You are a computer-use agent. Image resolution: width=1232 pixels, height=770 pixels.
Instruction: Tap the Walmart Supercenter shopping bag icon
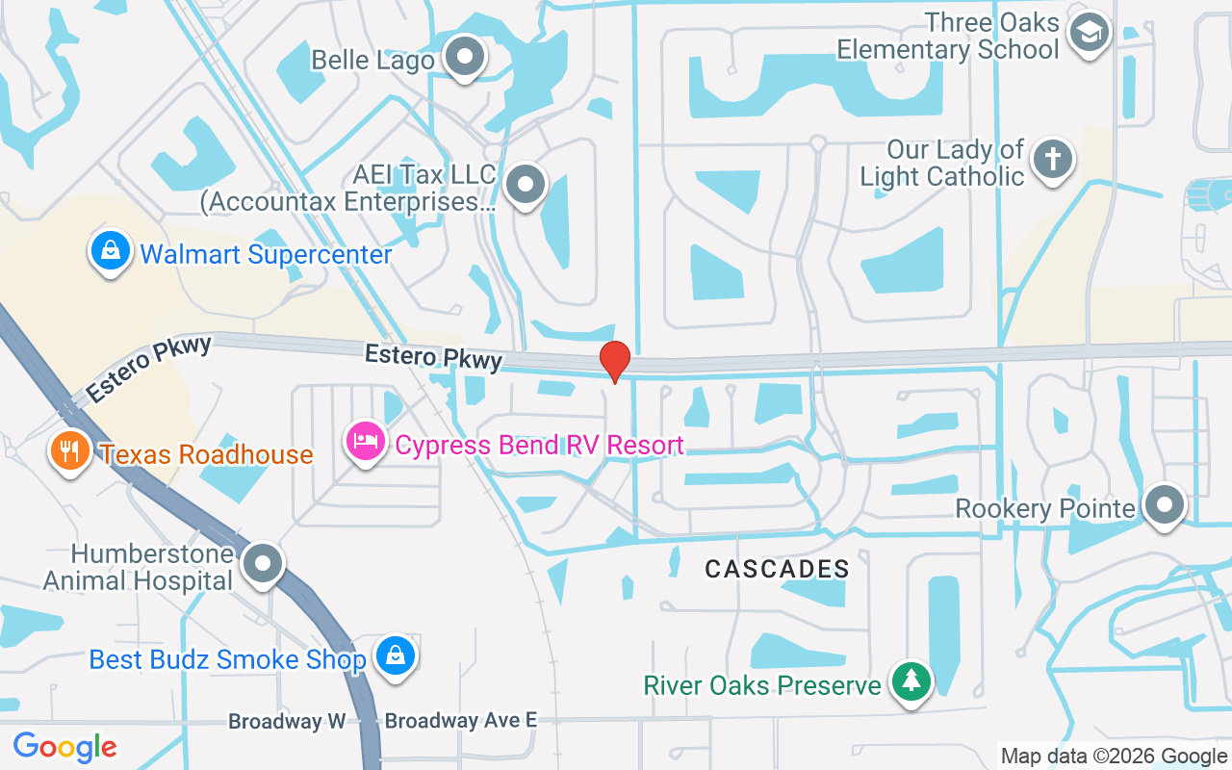[x=112, y=250]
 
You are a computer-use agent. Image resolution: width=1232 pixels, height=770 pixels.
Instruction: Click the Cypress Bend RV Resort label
[x=539, y=445]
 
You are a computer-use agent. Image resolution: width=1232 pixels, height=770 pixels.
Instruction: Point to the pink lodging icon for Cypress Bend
[x=366, y=442]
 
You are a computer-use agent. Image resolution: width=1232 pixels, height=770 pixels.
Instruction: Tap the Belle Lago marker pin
[x=466, y=57]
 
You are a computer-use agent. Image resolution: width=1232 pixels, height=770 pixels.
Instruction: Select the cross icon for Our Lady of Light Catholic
[x=1053, y=159]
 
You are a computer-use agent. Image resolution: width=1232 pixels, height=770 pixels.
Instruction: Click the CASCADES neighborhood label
[x=778, y=569]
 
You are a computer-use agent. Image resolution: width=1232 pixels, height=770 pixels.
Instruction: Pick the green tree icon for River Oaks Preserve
[x=911, y=682]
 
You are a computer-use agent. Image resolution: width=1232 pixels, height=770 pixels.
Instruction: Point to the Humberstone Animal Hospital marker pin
[x=262, y=563]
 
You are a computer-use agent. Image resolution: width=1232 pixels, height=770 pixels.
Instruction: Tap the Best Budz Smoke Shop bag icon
[x=395, y=656]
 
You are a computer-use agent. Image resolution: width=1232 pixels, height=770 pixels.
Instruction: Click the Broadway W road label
[x=287, y=721]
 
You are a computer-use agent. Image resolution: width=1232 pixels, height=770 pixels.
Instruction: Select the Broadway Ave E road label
[x=460, y=720]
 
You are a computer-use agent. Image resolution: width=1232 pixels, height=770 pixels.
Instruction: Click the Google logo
[x=64, y=746]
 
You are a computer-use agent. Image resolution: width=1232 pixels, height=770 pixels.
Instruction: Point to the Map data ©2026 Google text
[x=1114, y=757]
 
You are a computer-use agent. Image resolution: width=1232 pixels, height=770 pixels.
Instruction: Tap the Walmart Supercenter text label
[x=266, y=254]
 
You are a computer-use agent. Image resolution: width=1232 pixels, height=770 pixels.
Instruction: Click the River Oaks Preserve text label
[x=762, y=685]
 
